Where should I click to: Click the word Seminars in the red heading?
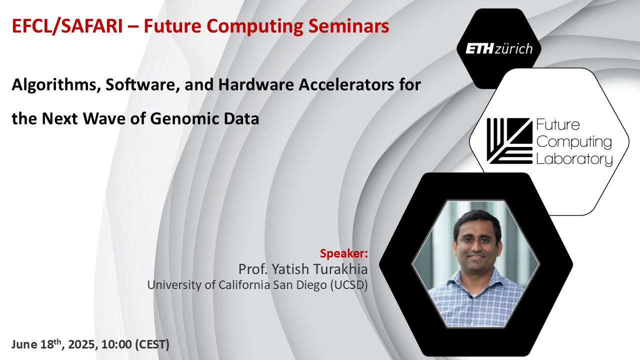pyautogui.click(x=348, y=26)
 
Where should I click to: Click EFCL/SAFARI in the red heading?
pyautogui.click(x=67, y=26)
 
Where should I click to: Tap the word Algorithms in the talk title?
pyautogui.click(x=56, y=85)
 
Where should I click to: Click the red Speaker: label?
pyautogui.click(x=343, y=253)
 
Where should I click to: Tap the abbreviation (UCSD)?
pyautogui.click(x=349, y=285)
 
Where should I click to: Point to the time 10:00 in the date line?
pyautogui.click(x=116, y=344)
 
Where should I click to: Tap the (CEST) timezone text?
pyautogui.click(x=152, y=344)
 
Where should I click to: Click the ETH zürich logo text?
pyautogui.click(x=499, y=48)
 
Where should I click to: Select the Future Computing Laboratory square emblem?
pyautogui.click(x=509, y=141)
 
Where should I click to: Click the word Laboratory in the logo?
pyautogui.click(x=574, y=159)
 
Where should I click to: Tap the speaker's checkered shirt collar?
pyautogui.click(x=475, y=278)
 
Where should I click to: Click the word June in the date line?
pyautogui.click(x=24, y=344)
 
